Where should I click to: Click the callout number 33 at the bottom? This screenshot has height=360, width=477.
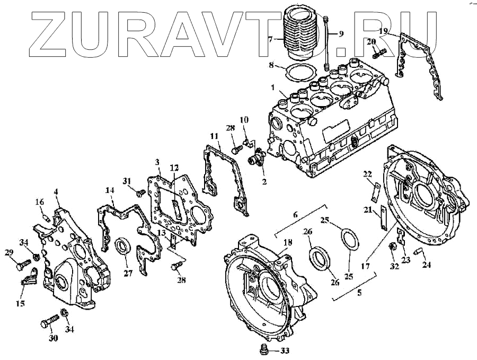click(285, 350)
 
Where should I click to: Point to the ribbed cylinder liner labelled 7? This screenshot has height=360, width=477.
click(301, 33)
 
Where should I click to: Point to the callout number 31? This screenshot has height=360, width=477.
click(127, 180)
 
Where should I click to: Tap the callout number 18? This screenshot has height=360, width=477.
click(287, 243)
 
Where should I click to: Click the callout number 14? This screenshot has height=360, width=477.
click(110, 190)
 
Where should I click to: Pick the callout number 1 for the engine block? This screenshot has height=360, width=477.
click(273, 87)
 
